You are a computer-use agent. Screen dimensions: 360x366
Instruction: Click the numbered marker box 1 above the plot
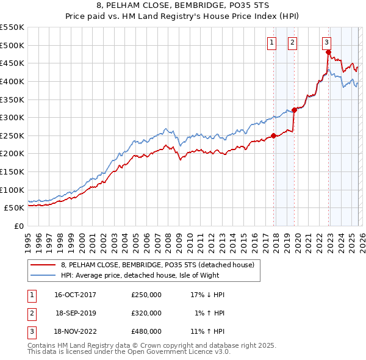coord(271,42)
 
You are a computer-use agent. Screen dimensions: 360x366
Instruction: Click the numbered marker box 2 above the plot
coord(293,42)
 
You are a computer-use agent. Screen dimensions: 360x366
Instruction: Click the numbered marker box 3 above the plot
coord(326,42)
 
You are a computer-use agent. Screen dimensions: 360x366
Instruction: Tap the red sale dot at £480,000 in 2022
coord(328,52)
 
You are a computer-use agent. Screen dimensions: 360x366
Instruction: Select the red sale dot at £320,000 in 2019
coord(294,110)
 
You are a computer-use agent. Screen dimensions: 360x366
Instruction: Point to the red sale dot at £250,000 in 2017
coord(273,135)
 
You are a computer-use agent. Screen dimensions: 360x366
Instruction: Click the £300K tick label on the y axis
coord(12,117)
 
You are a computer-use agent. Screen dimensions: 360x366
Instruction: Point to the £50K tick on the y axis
coord(14,207)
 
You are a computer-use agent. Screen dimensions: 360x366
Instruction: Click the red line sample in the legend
coord(43,265)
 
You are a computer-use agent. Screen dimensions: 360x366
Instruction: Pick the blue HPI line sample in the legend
coord(43,275)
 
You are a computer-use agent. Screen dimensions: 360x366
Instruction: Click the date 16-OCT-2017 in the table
coord(74,295)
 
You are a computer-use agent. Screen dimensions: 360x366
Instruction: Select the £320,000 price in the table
coord(146,313)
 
